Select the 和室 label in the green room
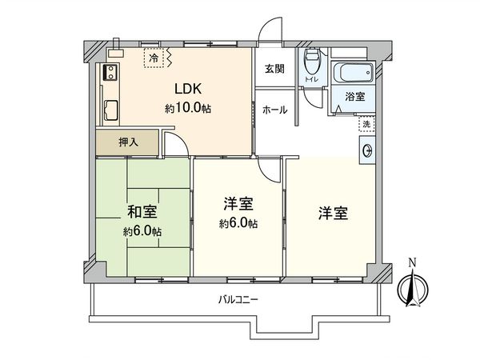[x=142, y=213]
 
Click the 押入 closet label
[x=129, y=143]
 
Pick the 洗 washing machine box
[x=366, y=124]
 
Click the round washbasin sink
[x=366, y=150]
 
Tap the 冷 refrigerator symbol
[x=154, y=57]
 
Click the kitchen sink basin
[x=110, y=109]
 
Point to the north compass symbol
[x=413, y=288]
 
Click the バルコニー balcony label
[x=238, y=299]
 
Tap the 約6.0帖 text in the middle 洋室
[x=239, y=223]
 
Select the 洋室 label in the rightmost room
[x=332, y=213]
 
